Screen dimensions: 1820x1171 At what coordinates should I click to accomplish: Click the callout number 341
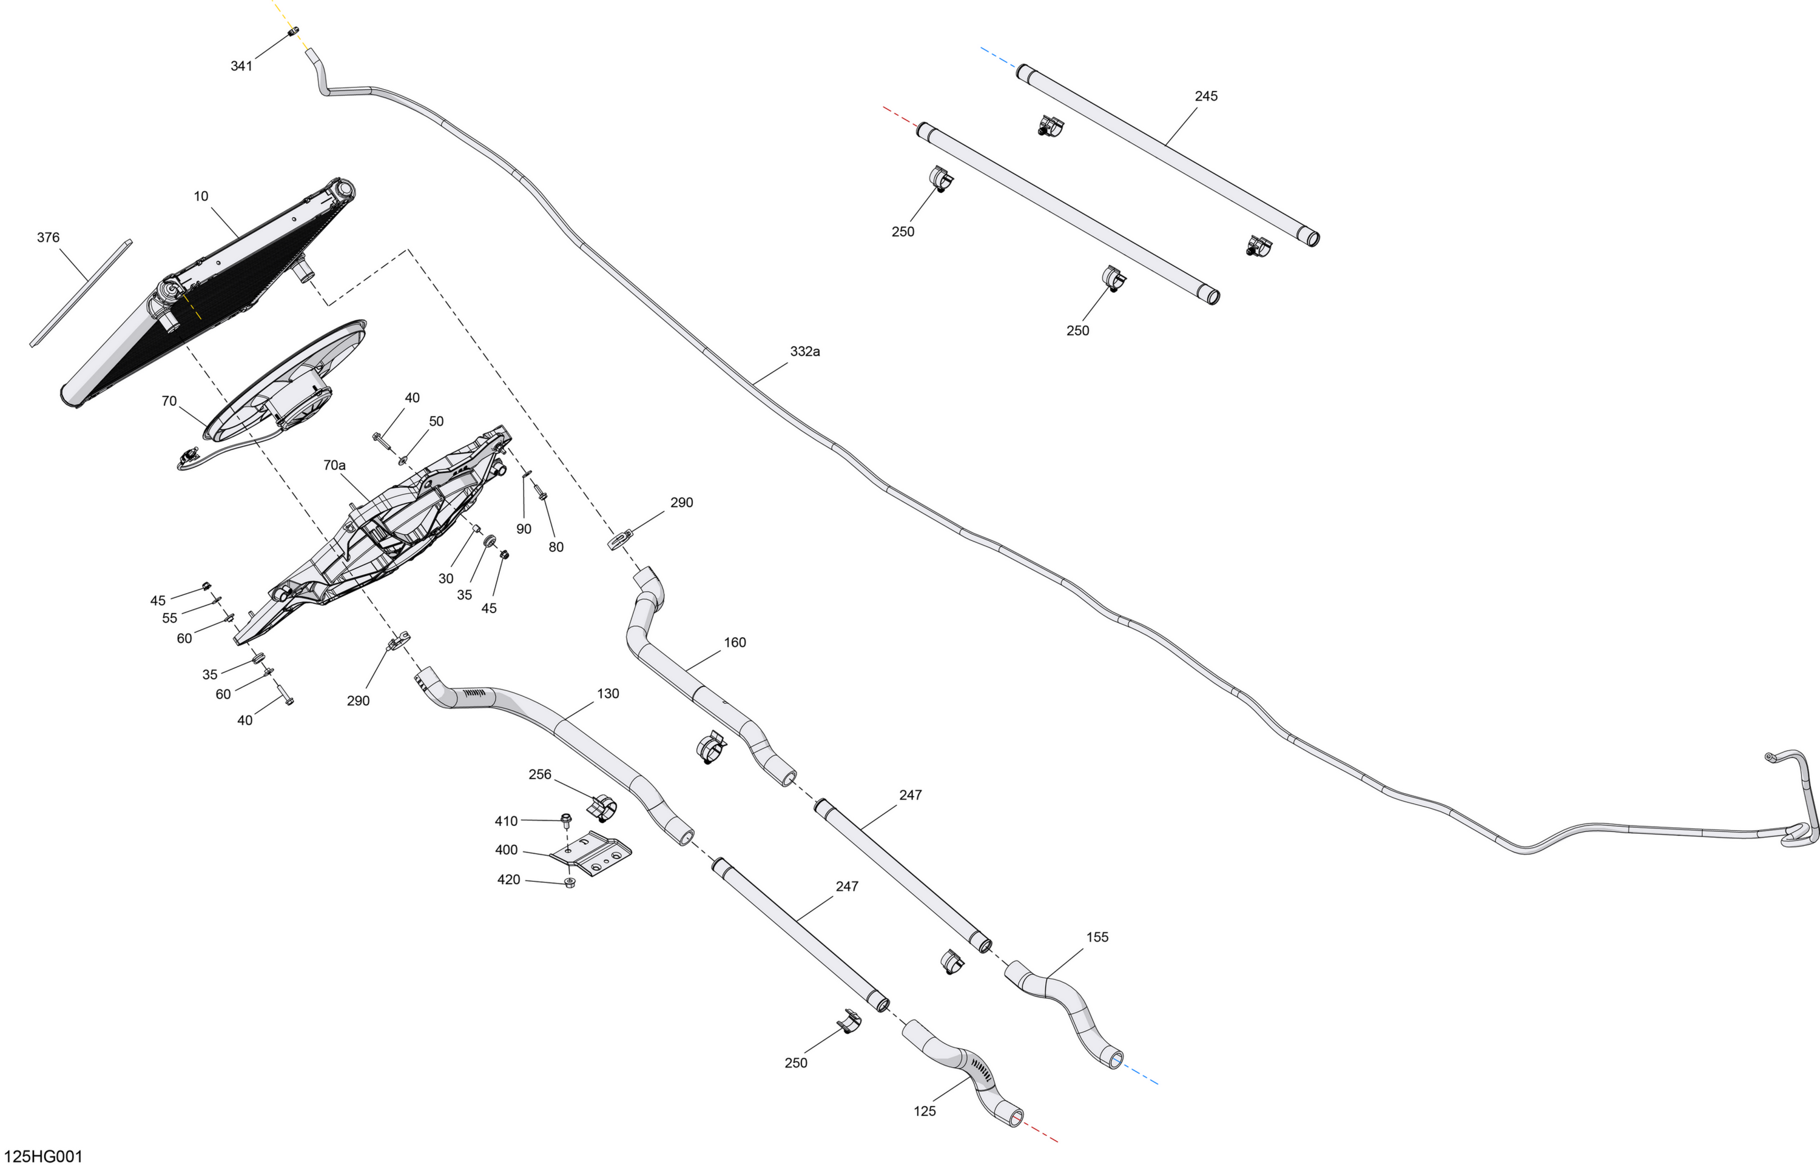pos(241,66)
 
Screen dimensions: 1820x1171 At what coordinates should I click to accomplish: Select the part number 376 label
pos(48,238)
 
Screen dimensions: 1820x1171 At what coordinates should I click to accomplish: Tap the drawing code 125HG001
pos(42,1156)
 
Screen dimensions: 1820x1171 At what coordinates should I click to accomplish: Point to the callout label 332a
pos(804,351)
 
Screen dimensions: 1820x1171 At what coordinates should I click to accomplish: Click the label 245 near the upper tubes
pos(1206,96)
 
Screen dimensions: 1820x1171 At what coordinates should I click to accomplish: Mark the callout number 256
pos(540,774)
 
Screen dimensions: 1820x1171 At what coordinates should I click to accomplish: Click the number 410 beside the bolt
pos(506,821)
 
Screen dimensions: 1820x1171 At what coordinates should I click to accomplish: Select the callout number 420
pos(508,880)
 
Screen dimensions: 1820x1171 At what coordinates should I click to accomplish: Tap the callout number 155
pos(1097,938)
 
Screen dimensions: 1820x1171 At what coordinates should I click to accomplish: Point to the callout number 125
pos(924,1111)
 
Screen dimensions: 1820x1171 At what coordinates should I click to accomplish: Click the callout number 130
pos(608,694)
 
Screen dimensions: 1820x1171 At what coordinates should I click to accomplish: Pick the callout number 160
pos(735,643)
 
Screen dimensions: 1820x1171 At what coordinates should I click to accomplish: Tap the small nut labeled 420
pos(570,883)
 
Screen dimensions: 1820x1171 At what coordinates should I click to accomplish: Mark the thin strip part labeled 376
pos(81,294)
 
